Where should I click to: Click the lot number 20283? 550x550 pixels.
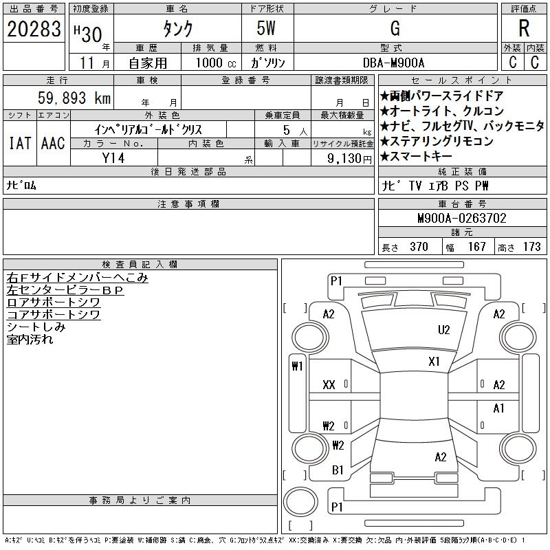point(34,30)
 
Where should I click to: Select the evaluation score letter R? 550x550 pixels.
point(524,29)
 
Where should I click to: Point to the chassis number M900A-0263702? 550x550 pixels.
point(461,219)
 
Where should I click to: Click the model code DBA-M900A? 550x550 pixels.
point(395,63)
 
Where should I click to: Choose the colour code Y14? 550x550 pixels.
point(113,158)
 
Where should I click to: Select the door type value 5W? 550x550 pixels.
point(267,30)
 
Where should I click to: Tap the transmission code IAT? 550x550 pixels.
point(19,144)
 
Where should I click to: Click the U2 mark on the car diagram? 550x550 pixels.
point(444,330)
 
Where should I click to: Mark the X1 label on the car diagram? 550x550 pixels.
point(434,362)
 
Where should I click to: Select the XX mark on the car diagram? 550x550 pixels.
point(329,386)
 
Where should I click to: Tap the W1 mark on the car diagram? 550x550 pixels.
point(297,366)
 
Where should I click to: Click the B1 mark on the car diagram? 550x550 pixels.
point(338,470)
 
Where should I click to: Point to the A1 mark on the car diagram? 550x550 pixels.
point(499,408)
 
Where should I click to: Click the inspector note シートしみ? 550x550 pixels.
point(36,327)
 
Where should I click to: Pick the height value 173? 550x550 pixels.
point(532,247)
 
